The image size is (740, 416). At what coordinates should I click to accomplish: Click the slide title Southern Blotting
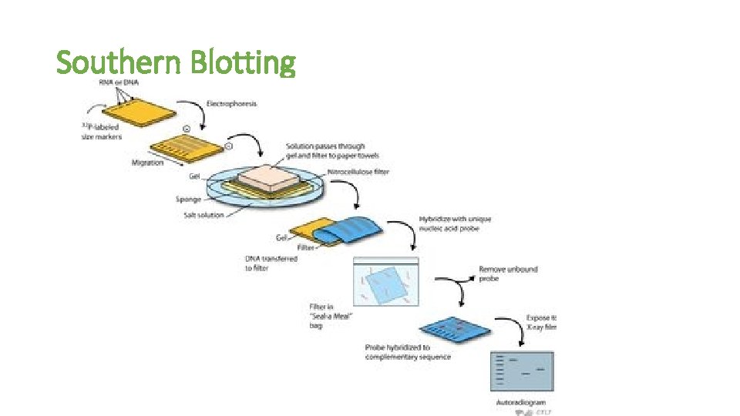point(176,62)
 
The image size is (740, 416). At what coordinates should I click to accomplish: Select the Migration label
point(147,163)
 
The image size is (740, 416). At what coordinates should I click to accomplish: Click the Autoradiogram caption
point(521,402)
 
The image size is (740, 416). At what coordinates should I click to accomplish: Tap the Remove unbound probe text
point(508,274)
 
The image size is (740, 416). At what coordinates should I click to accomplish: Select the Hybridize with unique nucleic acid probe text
point(455,224)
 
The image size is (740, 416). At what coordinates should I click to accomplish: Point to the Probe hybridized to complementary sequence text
point(408,352)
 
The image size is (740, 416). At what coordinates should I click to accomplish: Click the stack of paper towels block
point(267,178)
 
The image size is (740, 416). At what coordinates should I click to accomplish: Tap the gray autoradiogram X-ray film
point(522,372)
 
